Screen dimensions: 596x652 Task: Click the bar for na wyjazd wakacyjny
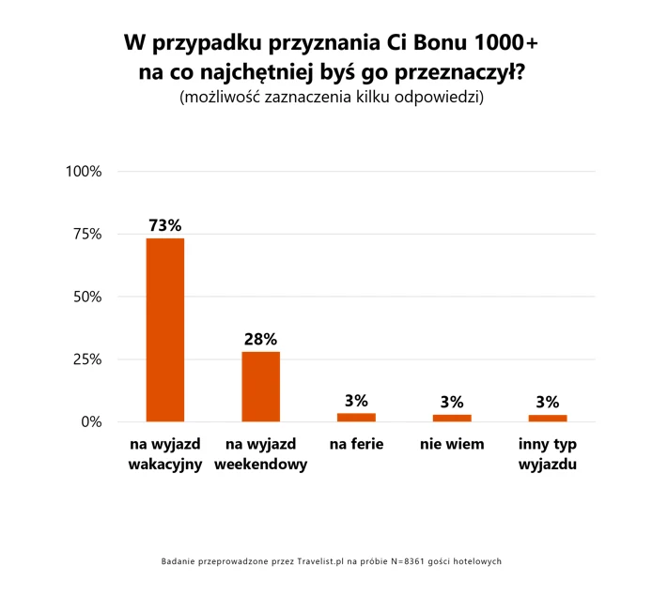tap(164, 329)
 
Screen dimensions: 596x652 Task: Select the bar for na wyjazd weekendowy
tap(261, 386)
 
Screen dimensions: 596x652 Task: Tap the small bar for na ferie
tap(356, 417)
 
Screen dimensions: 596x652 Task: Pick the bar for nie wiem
tap(452, 417)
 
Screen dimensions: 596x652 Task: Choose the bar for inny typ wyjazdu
tap(548, 418)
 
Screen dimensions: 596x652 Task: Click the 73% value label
tap(164, 226)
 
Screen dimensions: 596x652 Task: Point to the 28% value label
tap(261, 340)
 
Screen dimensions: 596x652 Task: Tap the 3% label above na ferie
tap(356, 401)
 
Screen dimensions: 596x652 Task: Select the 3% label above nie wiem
tap(452, 402)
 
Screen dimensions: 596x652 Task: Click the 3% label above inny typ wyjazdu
tap(548, 402)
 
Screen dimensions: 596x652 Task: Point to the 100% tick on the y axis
tap(84, 172)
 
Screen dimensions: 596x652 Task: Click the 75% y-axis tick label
tap(87, 234)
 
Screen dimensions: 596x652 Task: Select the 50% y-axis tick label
tap(87, 297)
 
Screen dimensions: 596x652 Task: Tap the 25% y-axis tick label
tap(87, 359)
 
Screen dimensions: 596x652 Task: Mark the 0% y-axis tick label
tap(91, 421)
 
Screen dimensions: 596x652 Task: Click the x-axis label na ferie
tap(356, 444)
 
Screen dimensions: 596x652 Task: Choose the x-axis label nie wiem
tap(452, 444)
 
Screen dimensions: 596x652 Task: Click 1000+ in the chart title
tap(506, 44)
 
